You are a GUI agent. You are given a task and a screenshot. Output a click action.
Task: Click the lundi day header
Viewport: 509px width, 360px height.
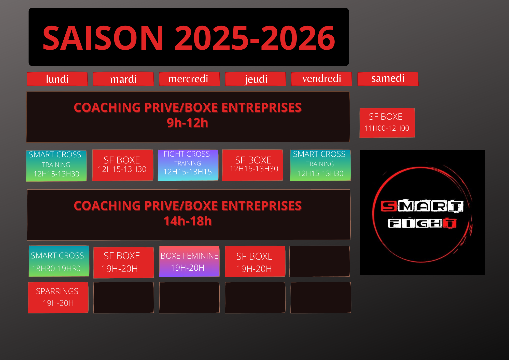[57, 79]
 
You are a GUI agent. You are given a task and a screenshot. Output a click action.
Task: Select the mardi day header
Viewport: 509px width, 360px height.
[123, 79]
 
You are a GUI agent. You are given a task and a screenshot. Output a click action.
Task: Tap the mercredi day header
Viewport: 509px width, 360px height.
[189, 79]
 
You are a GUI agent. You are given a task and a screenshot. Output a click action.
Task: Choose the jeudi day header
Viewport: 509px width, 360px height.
[256, 79]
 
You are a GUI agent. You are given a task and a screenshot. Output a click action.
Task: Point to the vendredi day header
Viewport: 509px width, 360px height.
[321, 79]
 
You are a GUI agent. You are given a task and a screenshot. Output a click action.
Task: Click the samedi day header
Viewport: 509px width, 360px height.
[388, 79]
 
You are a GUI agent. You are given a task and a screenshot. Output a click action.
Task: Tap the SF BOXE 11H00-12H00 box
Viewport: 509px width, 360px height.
[387, 123]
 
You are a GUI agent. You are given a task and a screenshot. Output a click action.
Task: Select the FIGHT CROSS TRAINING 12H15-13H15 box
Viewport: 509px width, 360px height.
[188, 165]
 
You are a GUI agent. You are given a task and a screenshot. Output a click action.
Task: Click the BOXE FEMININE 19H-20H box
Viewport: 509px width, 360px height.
[189, 261]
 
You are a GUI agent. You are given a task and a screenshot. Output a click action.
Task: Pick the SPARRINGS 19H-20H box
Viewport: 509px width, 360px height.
[58, 297]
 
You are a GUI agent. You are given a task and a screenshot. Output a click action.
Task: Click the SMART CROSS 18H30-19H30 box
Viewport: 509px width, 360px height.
[59, 261]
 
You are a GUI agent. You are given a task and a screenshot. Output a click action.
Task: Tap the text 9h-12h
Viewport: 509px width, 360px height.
[188, 123]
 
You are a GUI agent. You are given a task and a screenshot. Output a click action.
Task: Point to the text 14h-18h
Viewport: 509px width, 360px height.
[188, 221]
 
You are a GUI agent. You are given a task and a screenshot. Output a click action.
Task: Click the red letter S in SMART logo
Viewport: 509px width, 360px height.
[389, 206]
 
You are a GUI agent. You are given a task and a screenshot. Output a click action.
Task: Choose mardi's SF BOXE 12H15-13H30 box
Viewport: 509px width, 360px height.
[123, 165]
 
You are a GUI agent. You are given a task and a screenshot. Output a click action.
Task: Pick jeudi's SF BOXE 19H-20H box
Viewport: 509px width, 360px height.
[255, 261]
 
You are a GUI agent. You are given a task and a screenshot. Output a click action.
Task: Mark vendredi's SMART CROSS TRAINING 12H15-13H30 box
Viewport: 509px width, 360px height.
[320, 165]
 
